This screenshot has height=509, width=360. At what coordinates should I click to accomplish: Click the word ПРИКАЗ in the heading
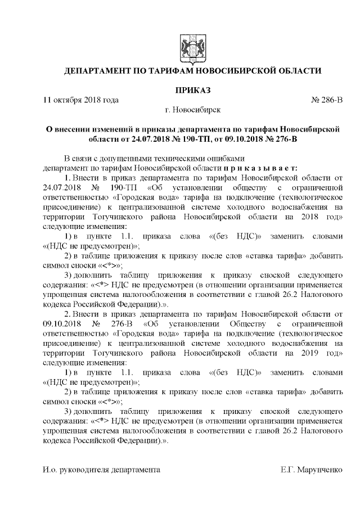click(x=193, y=90)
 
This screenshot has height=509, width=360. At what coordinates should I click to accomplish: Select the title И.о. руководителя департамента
click(x=101, y=469)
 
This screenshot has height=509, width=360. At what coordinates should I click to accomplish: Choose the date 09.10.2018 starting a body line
click(x=62, y=325)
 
